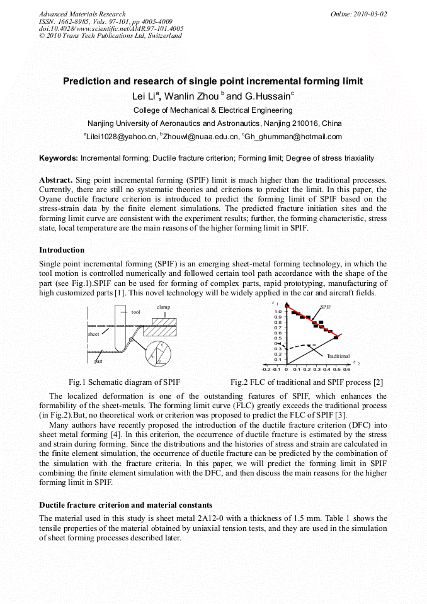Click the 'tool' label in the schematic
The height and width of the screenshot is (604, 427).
tap(135, 312)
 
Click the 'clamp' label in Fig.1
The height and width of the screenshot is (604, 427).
tap(163, 307)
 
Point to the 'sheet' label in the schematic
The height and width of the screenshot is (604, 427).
tap(93, 334)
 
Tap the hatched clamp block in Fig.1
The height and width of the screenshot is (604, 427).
tap(163, 322)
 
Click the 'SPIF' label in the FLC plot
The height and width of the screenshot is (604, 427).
tap(326, 306)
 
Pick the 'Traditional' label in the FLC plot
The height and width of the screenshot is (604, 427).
tap(338, 356)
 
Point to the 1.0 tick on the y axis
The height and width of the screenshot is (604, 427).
tap(278, 312)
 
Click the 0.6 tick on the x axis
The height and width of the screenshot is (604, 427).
tap(346, 370)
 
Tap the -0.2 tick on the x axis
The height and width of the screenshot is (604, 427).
tap(266, 370)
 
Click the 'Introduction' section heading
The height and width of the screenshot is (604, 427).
tap(61, 250)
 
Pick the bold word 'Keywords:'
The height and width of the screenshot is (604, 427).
tap(59, 157)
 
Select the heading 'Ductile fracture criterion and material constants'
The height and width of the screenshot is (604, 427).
tap(125, 505)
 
